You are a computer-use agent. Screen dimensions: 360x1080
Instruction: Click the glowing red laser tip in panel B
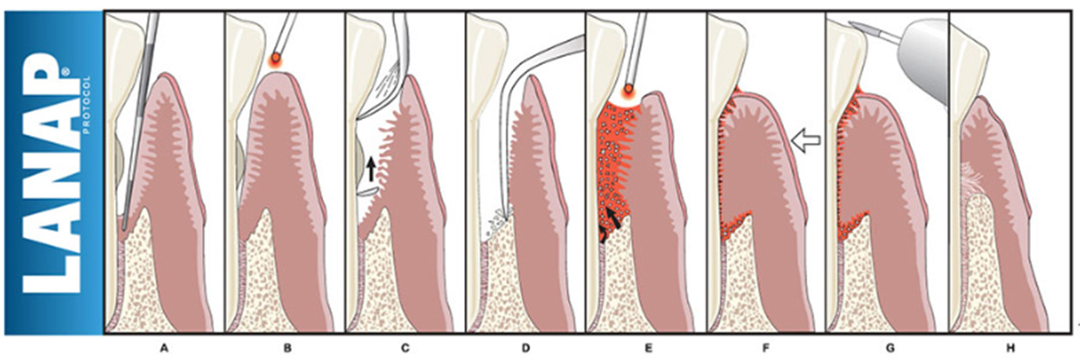274,61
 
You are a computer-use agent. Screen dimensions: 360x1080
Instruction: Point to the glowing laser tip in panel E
630,90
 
